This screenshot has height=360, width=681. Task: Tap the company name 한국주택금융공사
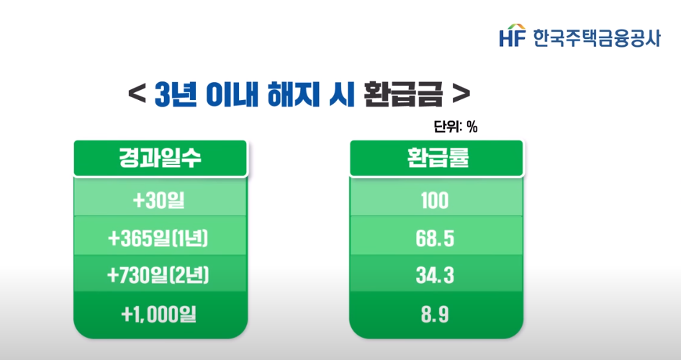[x=596, y=36]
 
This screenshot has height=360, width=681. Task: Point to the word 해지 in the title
[x=291, y=94]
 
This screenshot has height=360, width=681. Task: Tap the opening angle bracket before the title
[x=134, y=94]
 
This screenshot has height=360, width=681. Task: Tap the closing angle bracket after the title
[x=462, y=94]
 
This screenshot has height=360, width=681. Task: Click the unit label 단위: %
[x=456, y=127]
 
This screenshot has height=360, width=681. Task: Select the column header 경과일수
[x=161, y=158]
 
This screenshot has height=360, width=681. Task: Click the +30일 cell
[x=160, y=199]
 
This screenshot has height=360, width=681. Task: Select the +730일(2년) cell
[x=161, y=276]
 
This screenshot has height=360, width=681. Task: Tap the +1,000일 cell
[x=161, y=313]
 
